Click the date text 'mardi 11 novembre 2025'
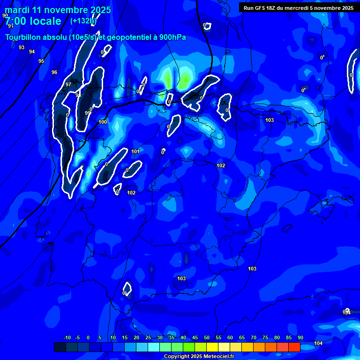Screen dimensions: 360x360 coord(58,10)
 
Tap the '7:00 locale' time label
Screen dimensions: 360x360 coord(33,21)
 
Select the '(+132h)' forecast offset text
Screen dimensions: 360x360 coord(83,21)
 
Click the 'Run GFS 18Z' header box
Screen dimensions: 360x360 coord(298,7)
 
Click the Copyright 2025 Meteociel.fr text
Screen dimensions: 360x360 coord(198,357)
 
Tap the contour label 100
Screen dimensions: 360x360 coord(103,122)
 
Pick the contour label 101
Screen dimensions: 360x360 coord(135,151)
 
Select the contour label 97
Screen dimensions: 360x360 coord(68,84)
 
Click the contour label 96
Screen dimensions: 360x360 coord(54,72)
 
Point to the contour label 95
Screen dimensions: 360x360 coord(41,61)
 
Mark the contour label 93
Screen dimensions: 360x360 coord(22,47)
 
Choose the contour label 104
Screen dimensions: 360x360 coord(318,343)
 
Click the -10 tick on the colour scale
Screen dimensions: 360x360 coord(67,337)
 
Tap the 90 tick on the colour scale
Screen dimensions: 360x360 coord(300,337)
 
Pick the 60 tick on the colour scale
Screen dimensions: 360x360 coord(230,337)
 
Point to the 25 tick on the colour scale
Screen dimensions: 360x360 coord(148,337)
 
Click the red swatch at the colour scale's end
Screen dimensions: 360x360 coord(294,347)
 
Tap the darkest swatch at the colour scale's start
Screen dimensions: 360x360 coord(60,347)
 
